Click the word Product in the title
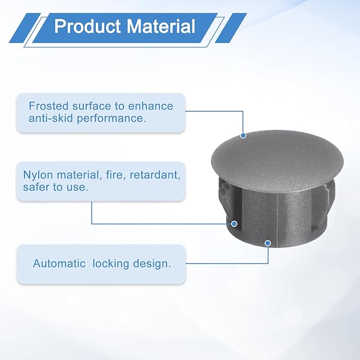(87, 26)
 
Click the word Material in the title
(161, 26)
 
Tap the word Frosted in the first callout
(49, 106)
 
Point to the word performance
(111, 119)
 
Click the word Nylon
(38, 175)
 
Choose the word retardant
(155, 175)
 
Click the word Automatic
(59, 264)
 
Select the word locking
(111, 264)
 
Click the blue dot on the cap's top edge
(243, 135)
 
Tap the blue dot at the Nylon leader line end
(234, 224)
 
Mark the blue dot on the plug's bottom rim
(267, 243)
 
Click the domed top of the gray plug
(277, 161)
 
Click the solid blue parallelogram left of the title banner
(25, 28)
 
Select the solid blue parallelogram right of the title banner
(231, 28)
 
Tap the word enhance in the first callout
(151, 106)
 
